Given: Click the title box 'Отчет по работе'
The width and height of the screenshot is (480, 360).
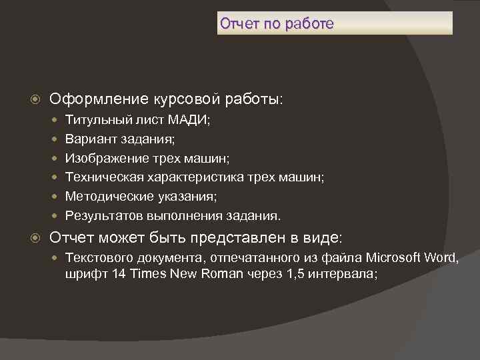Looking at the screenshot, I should [335, 23].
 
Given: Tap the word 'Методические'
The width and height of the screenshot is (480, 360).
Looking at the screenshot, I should [103, 197].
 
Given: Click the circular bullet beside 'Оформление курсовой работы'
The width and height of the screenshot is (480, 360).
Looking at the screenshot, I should [37, 100].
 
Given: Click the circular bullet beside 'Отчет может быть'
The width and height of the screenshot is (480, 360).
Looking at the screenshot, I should [37, 238].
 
